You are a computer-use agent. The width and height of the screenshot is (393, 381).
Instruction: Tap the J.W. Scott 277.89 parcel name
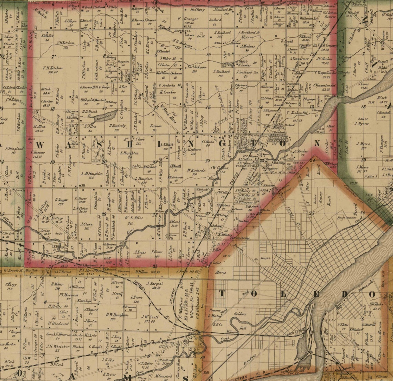point(151,318)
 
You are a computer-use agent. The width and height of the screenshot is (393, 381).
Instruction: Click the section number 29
point(104,214)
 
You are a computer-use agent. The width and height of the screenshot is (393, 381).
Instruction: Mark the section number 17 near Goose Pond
point(104,108)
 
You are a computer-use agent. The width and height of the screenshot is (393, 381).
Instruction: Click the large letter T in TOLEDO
point(222,294)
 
